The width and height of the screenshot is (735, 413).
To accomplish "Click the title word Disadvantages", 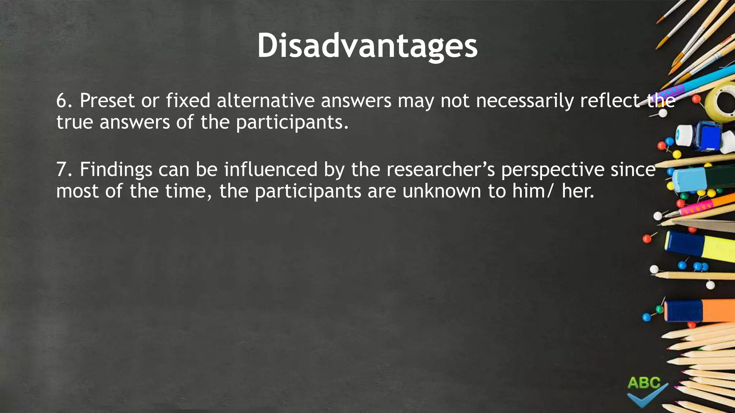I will tap(367, 46).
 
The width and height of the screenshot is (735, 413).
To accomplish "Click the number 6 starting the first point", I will tap(61, 101).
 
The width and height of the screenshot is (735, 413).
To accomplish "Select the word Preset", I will tap(107, 101).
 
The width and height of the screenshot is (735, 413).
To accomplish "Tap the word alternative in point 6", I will tap(265, 101).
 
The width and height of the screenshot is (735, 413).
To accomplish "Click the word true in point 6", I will tap(75, 122).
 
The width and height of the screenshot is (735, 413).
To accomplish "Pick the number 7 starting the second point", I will tap(61, 170).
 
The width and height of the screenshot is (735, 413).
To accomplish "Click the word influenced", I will tap(271, 170).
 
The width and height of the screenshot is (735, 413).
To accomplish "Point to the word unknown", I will tap(441, 191).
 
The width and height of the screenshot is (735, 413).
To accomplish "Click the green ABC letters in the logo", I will tap(644, 383).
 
